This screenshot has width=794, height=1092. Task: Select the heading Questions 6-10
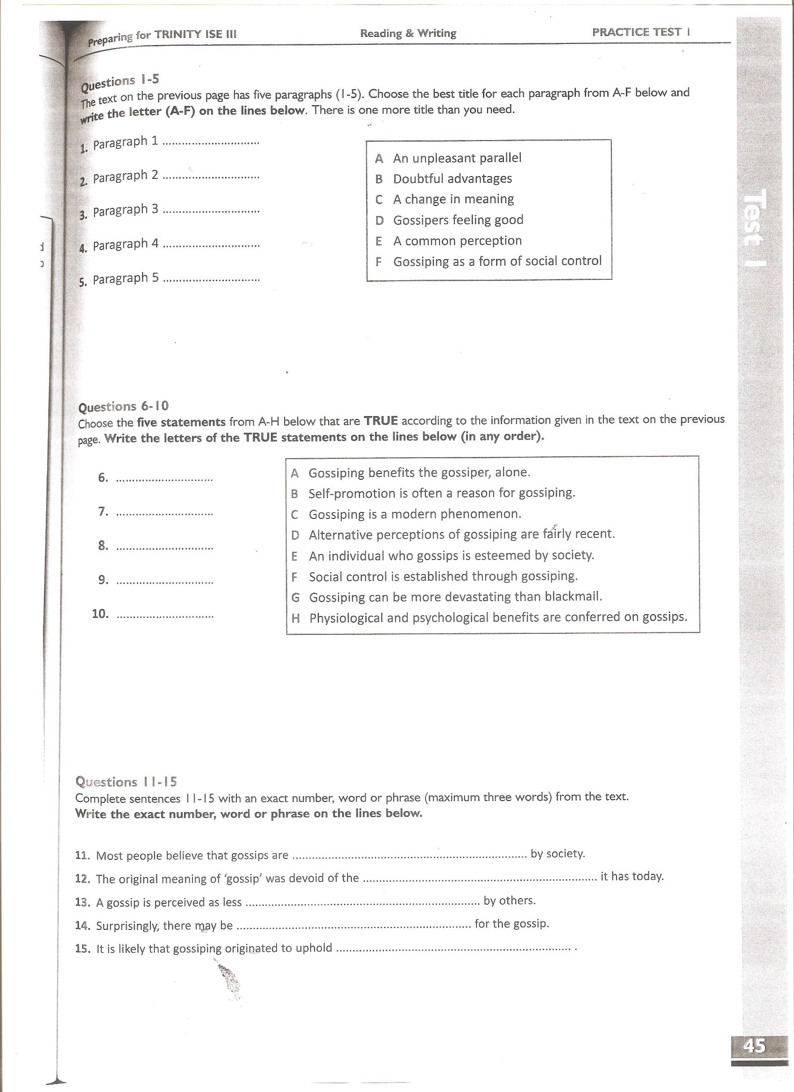pyautogui.click(x=123, y=406)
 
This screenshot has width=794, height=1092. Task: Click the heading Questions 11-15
pyautogui.click(x=126, y=781)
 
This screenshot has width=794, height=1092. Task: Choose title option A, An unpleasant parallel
pyautogui.click(x=457, y=158)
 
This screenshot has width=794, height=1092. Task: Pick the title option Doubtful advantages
pyautogui.click(x=452, y=178)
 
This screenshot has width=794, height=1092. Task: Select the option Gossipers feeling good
pyautogui.click(x=458, y=220)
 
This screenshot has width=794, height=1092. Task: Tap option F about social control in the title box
pyautogui.click(x=497, y=261)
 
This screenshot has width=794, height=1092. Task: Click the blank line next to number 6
pyautogui.click(x=165, y=480)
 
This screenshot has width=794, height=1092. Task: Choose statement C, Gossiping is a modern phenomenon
pyautogui.click(x=415, y=514)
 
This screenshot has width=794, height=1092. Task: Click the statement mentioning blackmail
pyautogui.click(x=455, y=597)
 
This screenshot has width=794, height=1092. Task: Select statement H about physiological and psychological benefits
pyautogui.click(x=497, y=617)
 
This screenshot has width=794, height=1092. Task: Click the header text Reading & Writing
pyautogui.click(x=408, y=33)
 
